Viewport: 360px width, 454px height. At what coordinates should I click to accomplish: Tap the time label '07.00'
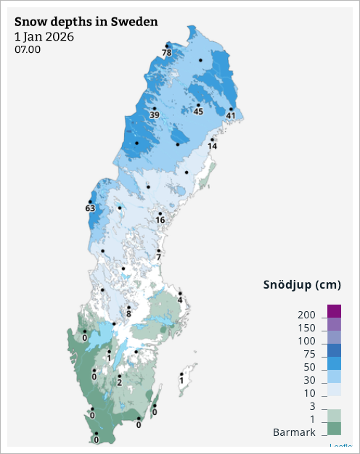(x=28, y=50)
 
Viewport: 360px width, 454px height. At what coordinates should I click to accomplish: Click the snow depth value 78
(x=167, y=53)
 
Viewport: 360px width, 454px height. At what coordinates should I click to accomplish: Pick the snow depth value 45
(x=198, y=111)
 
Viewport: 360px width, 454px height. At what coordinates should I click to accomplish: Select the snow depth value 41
(x=231, y=115)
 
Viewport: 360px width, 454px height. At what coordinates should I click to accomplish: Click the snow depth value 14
(x=213, y=146)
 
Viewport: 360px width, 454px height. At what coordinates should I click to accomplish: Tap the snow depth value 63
(x=91, y=209)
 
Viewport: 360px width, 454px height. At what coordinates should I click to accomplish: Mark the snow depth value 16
(x=160, y=220)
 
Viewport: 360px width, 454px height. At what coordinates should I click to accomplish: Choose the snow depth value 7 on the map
(x=158, y=257)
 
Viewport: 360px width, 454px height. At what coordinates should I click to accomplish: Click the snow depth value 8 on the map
(x=128, y=314)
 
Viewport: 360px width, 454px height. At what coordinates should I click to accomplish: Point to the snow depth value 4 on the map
(x=180, y=300)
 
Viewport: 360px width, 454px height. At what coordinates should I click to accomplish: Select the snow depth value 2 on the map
(x=119, y=382)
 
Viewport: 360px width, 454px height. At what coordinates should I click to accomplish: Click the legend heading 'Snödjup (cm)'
(x=301, y=284)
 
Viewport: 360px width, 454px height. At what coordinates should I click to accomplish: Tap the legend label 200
(x=306, y=315)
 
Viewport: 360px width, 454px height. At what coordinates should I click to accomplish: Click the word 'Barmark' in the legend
(x=294, y=433)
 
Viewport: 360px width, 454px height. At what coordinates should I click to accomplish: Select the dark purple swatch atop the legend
(x=334, y=310)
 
